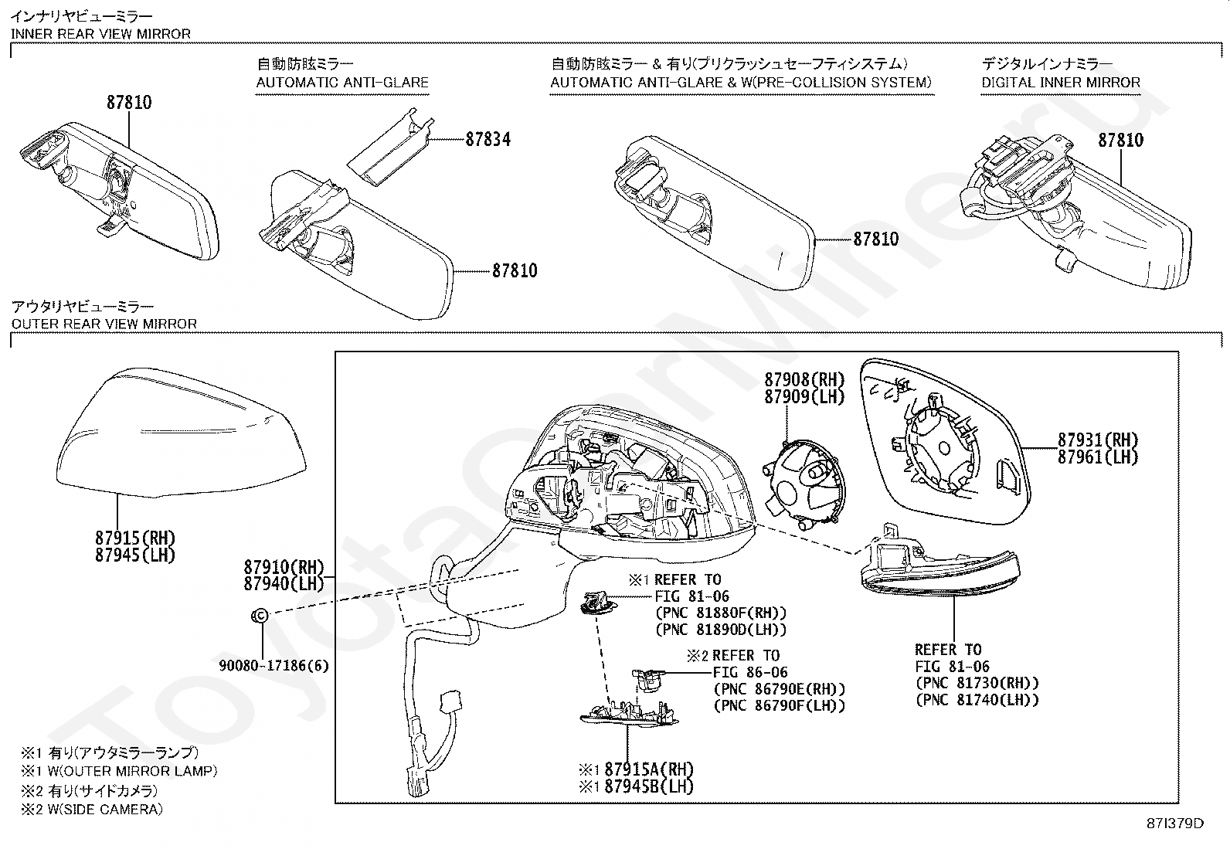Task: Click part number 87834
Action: pos(488,140)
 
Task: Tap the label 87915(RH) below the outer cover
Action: pos(135,538)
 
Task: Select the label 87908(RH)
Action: pos(804,379)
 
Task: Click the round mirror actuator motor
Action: pos(804,482)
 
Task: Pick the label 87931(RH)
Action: pos(1098,440)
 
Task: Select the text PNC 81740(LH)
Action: pos(977,701)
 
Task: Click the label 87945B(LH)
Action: pos(648,786)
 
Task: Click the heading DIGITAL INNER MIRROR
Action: pos(1060,83)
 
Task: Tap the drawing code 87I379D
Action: pos(1175,824)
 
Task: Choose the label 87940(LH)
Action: pos(284,583)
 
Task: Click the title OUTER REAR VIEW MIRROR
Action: pos(104,324)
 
